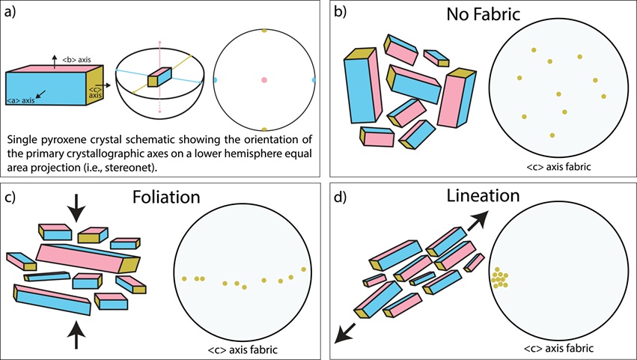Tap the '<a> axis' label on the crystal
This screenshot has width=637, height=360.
tap(25, 100)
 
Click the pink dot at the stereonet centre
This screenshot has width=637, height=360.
tap(264, 79)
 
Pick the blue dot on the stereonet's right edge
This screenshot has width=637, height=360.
tap(313, 79)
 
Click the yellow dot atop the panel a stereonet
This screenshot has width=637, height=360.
tap(264, 31)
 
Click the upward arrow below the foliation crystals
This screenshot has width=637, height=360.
tap(76, 335)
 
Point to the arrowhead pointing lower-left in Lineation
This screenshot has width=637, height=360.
tap(341, 334)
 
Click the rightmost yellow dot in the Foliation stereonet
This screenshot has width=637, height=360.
tap(303, 269)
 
